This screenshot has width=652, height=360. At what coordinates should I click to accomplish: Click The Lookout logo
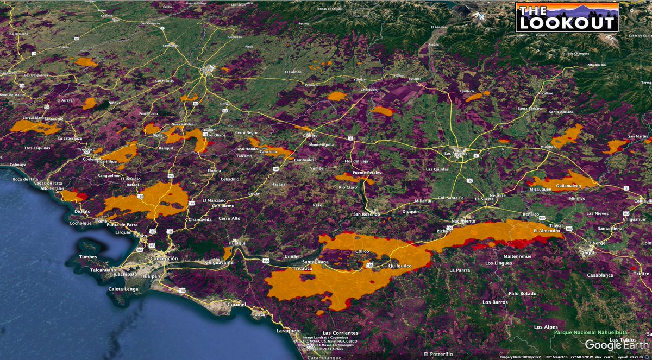click(x=567, y=17)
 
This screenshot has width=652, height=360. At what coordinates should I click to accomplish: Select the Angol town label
click(x=587, y=252)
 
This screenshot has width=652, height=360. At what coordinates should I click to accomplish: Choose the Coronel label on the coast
click(x=237, y=304)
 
